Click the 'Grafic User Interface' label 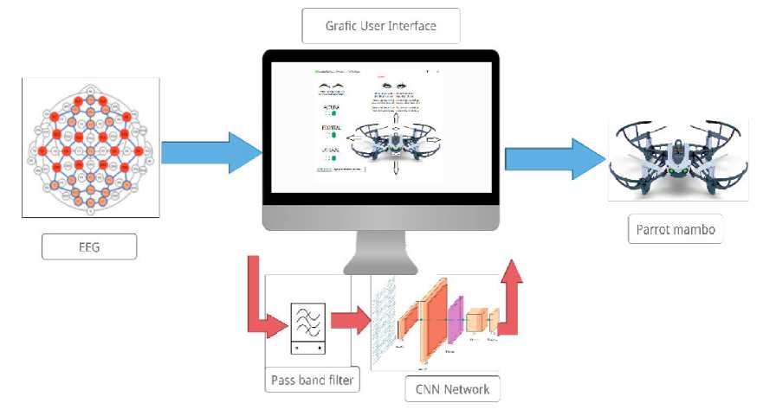(380, 26)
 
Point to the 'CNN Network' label (452, 388)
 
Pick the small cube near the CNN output (475, 322)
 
